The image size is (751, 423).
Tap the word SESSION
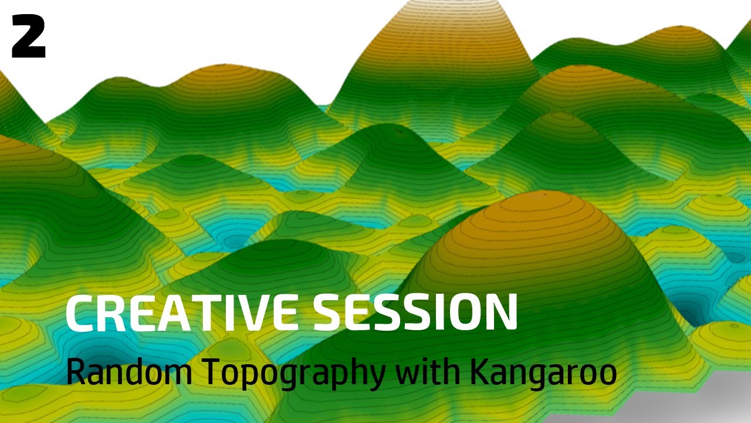pos(415,313)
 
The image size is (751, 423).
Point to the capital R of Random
pos(76,371)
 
